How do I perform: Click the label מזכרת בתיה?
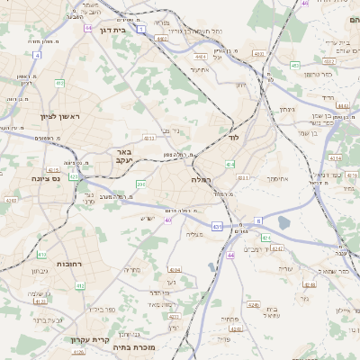click(x=137, y=346)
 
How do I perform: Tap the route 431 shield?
click(x=217, y=226)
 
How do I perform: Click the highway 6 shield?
click(x=257, y=220)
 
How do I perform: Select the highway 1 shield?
click(x=141, y=29)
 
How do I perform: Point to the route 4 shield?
click(x=37, y=55)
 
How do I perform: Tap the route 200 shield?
click(x=140, y=184)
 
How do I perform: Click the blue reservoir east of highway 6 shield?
click(x=284, y=222)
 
